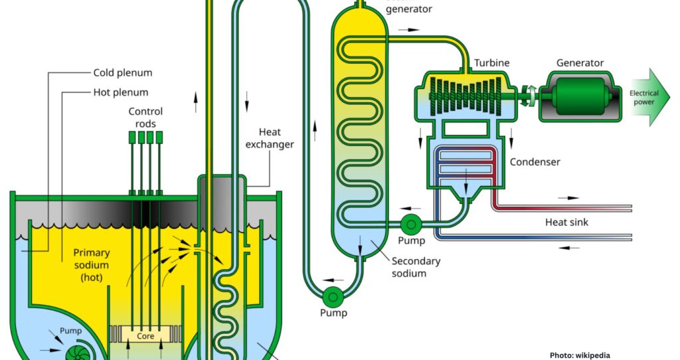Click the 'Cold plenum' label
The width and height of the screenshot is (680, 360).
coord(122,72)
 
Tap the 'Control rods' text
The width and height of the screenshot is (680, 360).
coord(145,118)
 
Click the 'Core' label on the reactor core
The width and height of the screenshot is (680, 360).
coord(145,336)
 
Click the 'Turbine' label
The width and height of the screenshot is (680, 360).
coord(491,63)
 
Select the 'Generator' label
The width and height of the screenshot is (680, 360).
coord(580,63)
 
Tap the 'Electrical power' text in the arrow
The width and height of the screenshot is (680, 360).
coord(643,98)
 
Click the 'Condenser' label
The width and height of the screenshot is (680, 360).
coord(535,162)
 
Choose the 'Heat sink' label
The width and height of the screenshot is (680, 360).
coord(566,222)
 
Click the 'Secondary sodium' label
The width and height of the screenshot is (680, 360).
coord(416,267)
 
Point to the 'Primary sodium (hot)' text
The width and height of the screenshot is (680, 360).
coord(92,264)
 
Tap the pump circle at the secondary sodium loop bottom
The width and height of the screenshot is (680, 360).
coord(332,295)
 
